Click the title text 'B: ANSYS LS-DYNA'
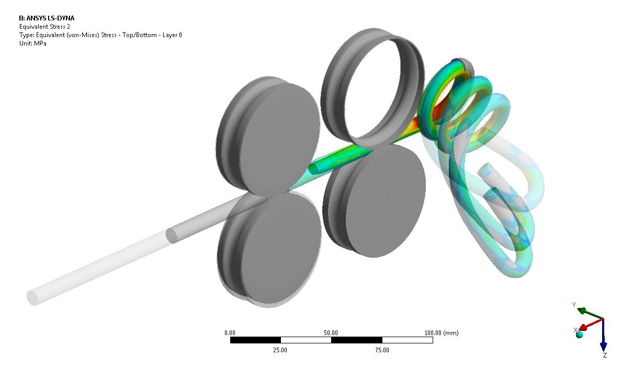coord(47,18)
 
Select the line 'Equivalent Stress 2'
coord(44,27)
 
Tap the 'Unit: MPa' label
coord(32,43)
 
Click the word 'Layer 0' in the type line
coord(172,35)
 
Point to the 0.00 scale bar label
coord(230,333)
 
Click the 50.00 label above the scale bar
coord(331,333)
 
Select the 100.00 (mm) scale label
coord(442,333)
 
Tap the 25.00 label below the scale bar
coord(280,350)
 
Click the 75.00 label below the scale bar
coord(382,350)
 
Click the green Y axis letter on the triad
coord(574,304)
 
